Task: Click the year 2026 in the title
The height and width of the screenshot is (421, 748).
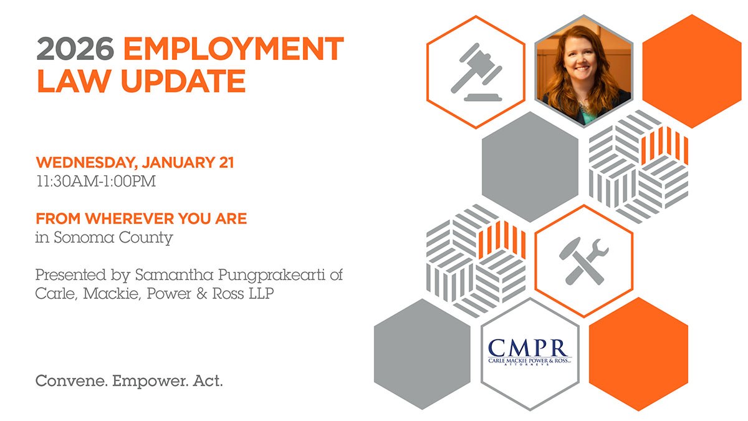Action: [75, 49]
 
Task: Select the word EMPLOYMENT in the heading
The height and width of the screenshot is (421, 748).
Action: [233, 49]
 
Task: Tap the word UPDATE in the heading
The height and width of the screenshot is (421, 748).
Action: [184, 80]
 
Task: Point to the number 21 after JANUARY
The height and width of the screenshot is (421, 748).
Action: [226, 162]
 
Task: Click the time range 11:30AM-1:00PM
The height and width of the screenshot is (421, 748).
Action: [96, 181]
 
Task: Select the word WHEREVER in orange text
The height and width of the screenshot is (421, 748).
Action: [129, 218]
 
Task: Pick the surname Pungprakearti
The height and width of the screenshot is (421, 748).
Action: [272, 276]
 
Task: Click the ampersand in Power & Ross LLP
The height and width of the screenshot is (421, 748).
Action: [202, 294]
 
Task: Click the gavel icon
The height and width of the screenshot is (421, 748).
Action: [476, 72]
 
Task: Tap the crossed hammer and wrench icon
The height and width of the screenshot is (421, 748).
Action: [583, 261]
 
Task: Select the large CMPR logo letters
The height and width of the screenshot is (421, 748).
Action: [528, 348]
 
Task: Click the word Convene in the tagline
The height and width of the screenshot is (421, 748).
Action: [72, 381]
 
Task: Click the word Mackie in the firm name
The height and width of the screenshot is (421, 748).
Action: [112, 294]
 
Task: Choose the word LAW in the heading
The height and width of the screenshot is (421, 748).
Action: [74, 80]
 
